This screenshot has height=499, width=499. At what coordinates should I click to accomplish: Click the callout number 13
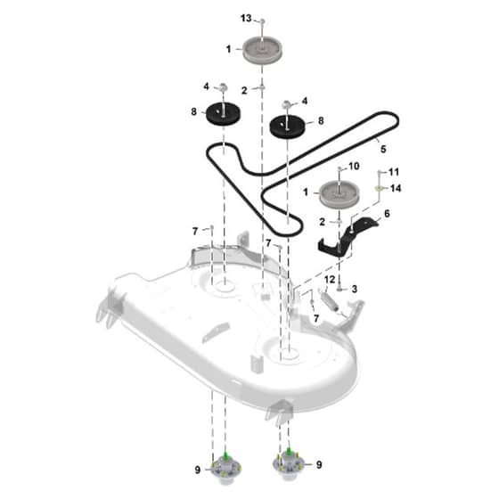click(x=246, y=18)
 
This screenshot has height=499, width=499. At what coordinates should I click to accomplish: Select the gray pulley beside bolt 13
click(x=263, y=51)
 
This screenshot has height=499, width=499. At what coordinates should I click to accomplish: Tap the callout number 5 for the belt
click(x=383, y=149)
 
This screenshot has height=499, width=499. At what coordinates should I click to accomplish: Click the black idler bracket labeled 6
click(x=347, y=237)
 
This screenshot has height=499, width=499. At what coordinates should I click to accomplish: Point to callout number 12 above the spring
click(x=330, y=280)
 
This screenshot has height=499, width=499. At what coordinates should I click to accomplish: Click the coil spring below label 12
click(x=329, y=299)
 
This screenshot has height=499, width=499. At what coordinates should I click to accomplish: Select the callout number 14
click(x=396, y=188)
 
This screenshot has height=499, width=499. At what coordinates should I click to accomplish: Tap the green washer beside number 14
click(x=379, y=188)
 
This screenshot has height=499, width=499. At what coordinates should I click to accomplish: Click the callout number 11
click(x=394, y=172)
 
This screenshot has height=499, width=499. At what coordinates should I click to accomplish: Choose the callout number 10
click(x=354, y=166)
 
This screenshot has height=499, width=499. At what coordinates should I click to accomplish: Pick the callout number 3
click(x=355, y=289)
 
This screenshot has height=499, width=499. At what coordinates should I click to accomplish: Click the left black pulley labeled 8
click(x=223, y=115)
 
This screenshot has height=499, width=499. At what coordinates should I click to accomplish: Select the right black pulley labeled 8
click(x=287, y=127)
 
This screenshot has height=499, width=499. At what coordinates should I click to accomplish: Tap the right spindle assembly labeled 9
click(x=289, y=464)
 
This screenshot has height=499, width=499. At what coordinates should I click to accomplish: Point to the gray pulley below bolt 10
click(x=339, y=195)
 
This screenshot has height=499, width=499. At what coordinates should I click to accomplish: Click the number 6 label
click(x=387, y=214)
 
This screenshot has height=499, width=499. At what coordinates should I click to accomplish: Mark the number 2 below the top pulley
click(x=244, y=91)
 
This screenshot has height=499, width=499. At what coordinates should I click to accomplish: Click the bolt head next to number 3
click(x=339, y=289)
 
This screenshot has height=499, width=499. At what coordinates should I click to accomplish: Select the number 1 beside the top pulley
click(x=228, y=49)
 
